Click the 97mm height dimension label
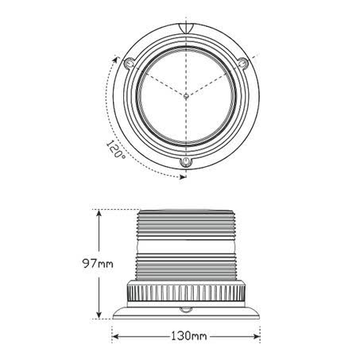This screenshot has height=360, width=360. point(98,264)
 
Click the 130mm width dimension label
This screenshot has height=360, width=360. point(188,336)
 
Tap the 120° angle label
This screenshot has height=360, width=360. point(116,149)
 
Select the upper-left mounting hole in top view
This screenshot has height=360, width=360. point(130,64)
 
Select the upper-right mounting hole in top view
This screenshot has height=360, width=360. point(242,63)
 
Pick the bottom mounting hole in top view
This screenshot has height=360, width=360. point(186,161)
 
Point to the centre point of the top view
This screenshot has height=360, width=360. point(186,96)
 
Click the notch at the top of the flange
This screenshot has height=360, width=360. point(186,28)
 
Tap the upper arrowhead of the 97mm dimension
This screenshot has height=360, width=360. point(99,215)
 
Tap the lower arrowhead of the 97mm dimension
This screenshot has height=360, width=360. point(99,314)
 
